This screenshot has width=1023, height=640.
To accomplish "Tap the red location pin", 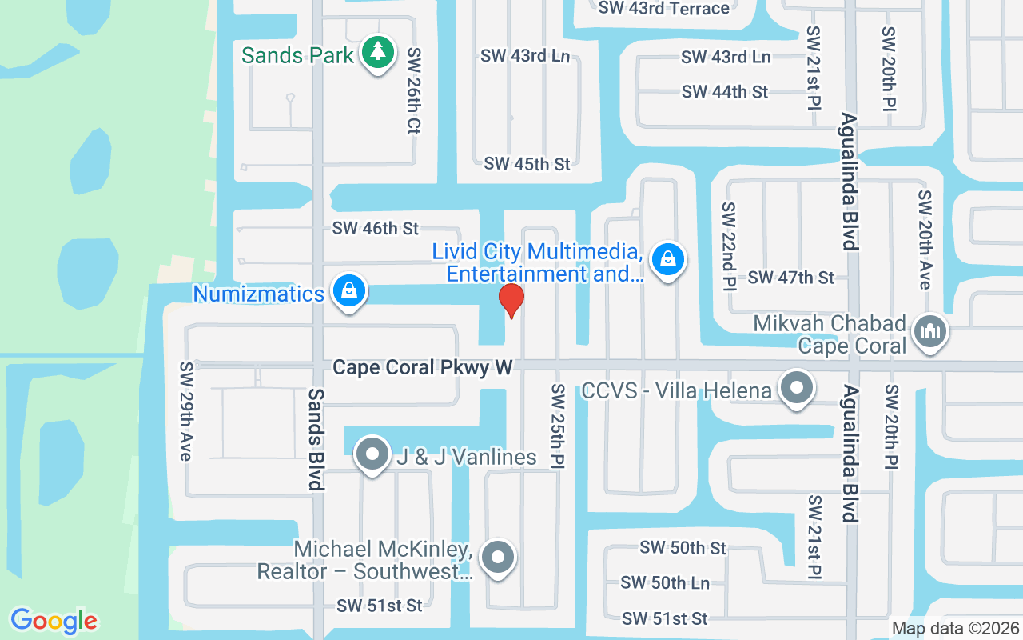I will coord(511,301).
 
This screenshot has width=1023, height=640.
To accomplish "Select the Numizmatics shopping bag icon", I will coord(349,290).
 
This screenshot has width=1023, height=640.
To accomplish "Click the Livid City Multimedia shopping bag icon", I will coord(667,259).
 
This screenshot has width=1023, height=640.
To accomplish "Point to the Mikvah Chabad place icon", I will coord(929,330).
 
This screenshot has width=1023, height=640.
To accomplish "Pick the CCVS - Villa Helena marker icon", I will coord(795,390).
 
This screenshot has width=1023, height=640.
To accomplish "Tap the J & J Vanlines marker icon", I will coord(372,455).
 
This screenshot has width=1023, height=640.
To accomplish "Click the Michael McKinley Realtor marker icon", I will coord(499,557).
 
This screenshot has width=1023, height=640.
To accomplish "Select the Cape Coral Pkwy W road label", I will coord(422,367).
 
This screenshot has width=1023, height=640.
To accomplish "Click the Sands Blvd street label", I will coord(316,439).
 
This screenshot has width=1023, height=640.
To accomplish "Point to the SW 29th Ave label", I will coord(186,411).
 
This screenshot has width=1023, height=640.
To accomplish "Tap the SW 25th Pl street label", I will coord(557,426).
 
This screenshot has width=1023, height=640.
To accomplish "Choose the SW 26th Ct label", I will coord(413,90).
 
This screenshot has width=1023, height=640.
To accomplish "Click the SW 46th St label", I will coord(375,229).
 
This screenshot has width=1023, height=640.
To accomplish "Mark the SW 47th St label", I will coord(790,278).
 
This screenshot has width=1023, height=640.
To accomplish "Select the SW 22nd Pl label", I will coord(728,246).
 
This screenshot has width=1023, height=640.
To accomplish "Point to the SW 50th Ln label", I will coord(665,583).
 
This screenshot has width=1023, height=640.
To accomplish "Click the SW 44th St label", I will coord(725,92).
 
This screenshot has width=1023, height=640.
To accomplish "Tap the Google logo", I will coord(54,621).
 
